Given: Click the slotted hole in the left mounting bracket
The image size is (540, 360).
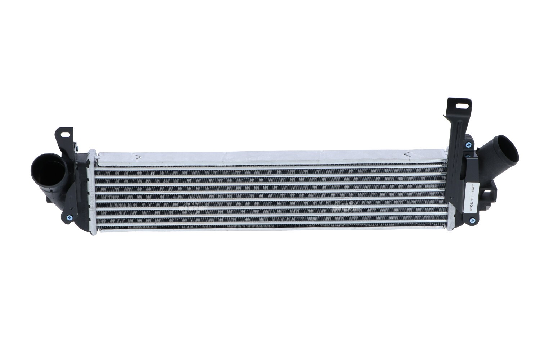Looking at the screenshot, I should click(x=66, y=134).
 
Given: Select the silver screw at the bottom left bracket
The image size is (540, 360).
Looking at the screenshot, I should click(x=69, y=217).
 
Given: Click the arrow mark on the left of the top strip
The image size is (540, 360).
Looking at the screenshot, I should click(x=137, y=157).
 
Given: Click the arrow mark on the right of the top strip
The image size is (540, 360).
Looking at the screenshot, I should click(x=407, y=154).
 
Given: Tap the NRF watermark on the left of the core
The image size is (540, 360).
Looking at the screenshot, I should click(x=191, y=207).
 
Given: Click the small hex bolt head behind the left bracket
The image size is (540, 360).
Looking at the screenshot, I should click(x=76, y=147).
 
